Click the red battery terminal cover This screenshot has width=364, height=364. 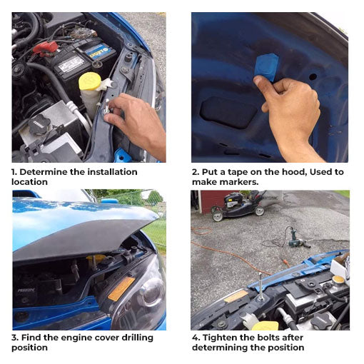[x=46, y=48]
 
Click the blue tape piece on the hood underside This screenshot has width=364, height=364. [x=267, y=66]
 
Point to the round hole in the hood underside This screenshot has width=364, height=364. [x=313, y=76]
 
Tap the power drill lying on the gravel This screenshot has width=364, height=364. [x=297, y=241]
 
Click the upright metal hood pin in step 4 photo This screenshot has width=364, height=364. [x=261, y=286]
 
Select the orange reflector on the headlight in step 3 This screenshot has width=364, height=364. [x=121, y=288]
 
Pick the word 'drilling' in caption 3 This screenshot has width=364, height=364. [x=137, y=338]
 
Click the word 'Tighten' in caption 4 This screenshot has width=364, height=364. [x=218, y=338]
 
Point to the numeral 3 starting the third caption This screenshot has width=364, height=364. [x=14, y=338]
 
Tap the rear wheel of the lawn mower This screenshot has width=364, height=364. [x=218, y=216]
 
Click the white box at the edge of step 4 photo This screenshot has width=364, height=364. [x=340, y=266]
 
